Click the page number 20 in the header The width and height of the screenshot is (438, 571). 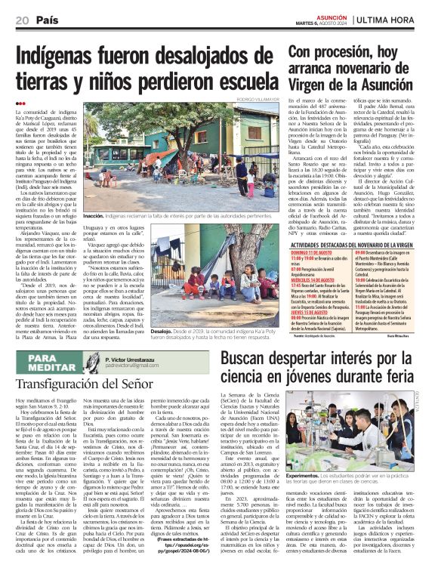pos(22,20)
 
